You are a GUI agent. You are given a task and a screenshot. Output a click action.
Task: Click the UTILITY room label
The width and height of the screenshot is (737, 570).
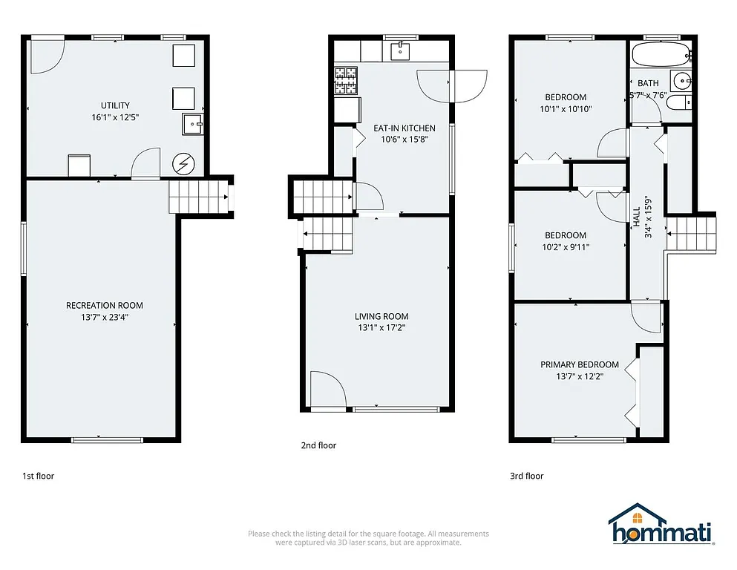[x=115, y=105]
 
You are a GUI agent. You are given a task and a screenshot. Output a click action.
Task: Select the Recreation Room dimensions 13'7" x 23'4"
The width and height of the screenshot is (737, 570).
[x=104, y=317]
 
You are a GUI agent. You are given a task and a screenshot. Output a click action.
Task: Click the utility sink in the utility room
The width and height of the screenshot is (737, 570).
[x=193, y=124]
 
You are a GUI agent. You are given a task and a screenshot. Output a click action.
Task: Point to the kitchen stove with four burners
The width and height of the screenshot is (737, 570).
[x=345, y=80]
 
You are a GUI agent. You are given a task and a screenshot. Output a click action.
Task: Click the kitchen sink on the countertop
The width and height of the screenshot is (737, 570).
[x=401, y=50]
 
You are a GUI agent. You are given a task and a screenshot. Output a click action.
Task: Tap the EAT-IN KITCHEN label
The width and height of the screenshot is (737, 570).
[x=404, y=128]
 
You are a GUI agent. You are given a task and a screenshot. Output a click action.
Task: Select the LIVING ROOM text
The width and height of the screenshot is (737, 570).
[x=381, y=316]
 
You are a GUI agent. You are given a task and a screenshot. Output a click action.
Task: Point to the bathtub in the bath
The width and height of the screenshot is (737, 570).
[x=661, y=54]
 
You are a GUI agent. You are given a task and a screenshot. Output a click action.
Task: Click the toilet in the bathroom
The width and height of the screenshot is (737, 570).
[x=678, y=104]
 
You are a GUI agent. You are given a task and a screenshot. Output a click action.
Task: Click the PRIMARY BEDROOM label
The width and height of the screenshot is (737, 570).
[x=579, y=364]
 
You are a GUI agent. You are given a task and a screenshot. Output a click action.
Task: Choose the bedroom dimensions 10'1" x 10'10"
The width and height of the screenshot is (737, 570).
[x=566, y=109]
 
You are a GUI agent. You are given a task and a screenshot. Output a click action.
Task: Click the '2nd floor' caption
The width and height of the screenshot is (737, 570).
[x=318, y=445]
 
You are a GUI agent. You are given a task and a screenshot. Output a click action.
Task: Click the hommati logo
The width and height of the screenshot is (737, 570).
[x=661, y=526]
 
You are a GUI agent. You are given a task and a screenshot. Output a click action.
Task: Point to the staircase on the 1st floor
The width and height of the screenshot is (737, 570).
[x=198, y=197]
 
